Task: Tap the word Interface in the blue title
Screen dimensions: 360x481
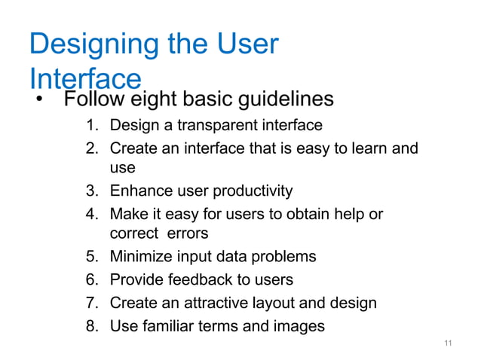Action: click(85, 78)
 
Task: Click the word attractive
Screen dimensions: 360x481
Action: click(219, 303)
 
